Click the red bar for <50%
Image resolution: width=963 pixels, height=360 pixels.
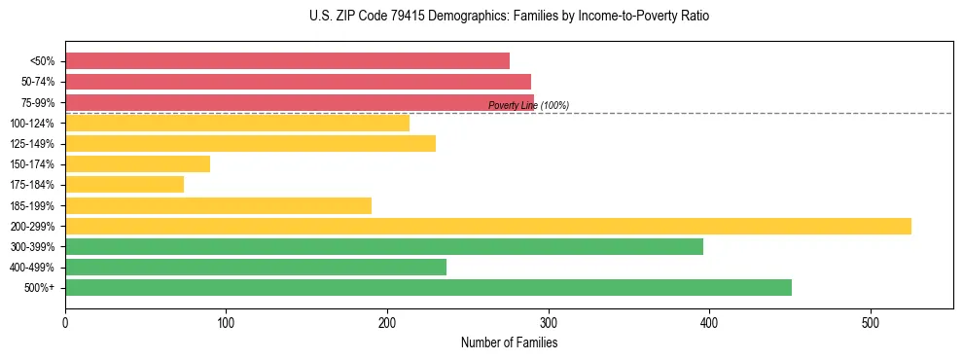287,61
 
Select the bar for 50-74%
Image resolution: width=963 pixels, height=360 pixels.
298,82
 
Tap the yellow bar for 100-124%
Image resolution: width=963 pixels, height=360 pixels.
237,123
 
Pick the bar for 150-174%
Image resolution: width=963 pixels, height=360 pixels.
137,164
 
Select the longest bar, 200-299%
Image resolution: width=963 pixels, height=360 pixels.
487,226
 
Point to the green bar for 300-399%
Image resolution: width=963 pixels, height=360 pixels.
384,246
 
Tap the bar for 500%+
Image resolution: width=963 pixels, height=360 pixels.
428,287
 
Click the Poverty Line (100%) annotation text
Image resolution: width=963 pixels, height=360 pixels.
528,105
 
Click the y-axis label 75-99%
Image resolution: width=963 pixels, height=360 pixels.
38,102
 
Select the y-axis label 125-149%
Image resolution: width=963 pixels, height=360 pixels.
32,144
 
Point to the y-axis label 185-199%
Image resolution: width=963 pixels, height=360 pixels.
32,205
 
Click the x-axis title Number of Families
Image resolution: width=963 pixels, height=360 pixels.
509,342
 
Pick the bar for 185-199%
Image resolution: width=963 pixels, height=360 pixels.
218,205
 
